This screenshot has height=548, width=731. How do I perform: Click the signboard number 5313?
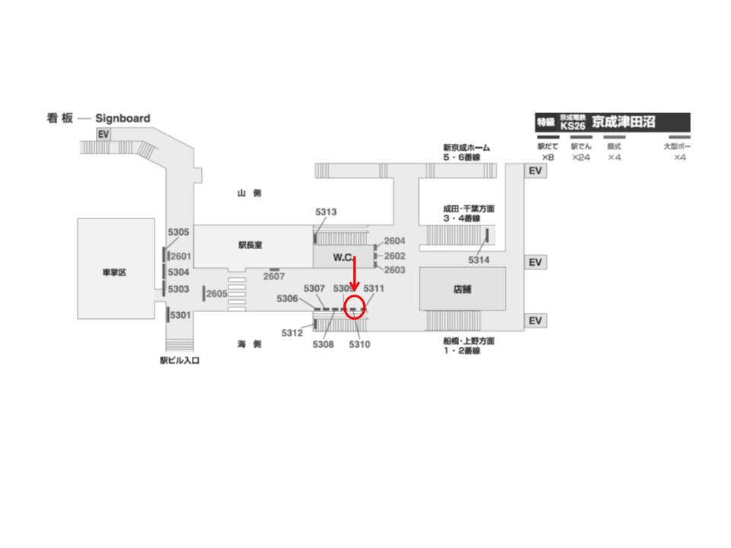tap(326, 212)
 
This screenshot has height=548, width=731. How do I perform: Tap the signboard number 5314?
tap(479, 260)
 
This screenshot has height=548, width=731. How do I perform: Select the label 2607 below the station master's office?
tap(274, 276)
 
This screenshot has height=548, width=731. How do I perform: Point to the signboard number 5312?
tap(292, 333)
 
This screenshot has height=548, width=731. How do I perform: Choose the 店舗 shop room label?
tap(462, 289)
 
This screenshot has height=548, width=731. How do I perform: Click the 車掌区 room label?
tap(114, 273)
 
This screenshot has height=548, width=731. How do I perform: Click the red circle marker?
tap(356, 307)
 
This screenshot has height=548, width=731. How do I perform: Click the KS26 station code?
tap(573, 126)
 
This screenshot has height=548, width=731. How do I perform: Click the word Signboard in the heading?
tap(123, 119)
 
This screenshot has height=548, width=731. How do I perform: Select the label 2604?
tap(394, 241)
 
